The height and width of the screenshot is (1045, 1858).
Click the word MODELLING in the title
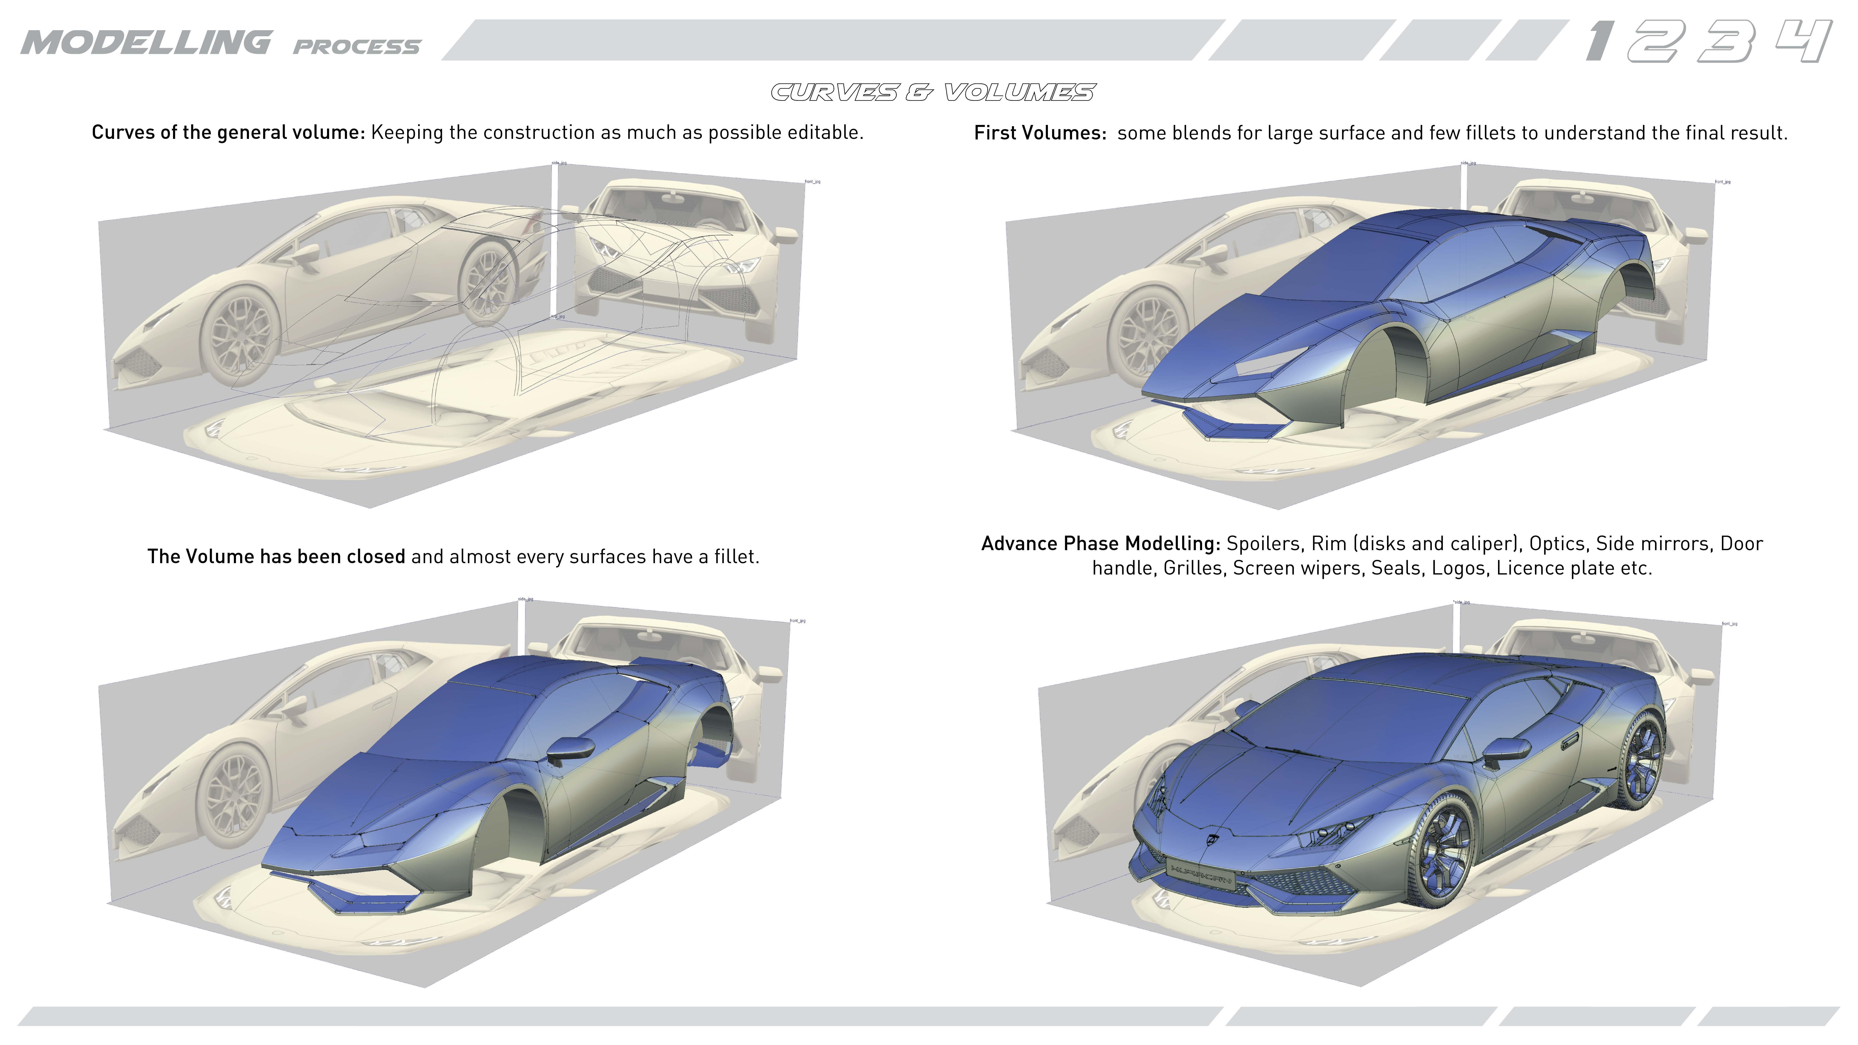tap(146, 42)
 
